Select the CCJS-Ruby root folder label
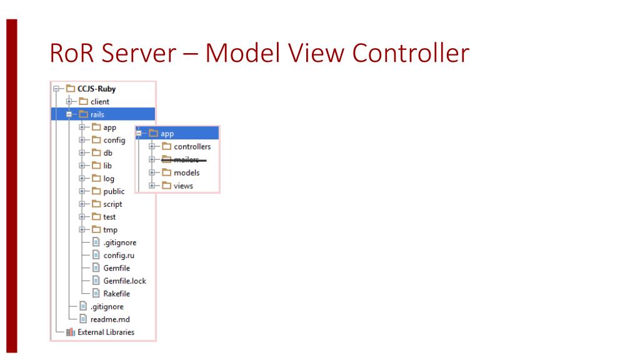click(96, 89)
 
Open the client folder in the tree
click(99, 101)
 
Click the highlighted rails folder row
click(97, 114)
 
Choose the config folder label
click(114, 140)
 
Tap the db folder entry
click(107, 153)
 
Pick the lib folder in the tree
click(107, 166)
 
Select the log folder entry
click(108, 179)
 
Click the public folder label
click(113, 191)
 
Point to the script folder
click(112, 204)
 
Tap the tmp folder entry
click(110, 230)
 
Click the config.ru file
click(116, 255)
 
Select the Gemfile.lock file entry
click(124, 281)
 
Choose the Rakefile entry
click(116, 294)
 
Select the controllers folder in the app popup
click(192, 147)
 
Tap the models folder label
click(186, 172)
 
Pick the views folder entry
click(183, 186)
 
